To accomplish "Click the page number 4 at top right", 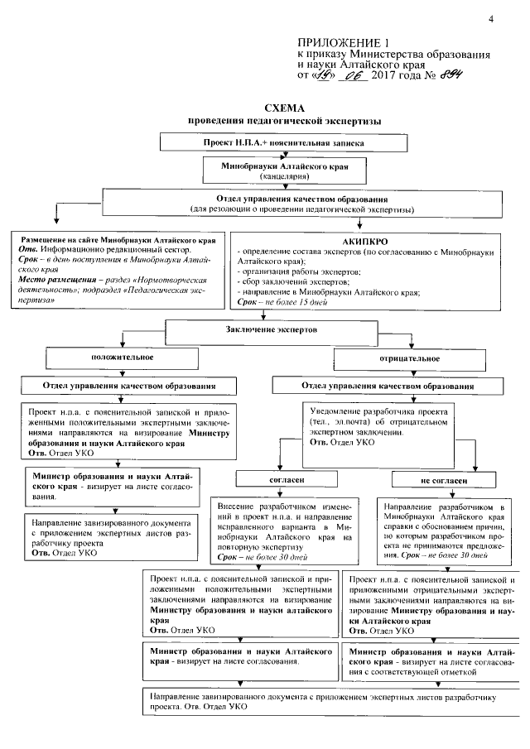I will tap(490, 18).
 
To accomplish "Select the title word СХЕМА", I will tap(284, 108).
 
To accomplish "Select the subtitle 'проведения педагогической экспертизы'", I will tap(284, 121).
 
